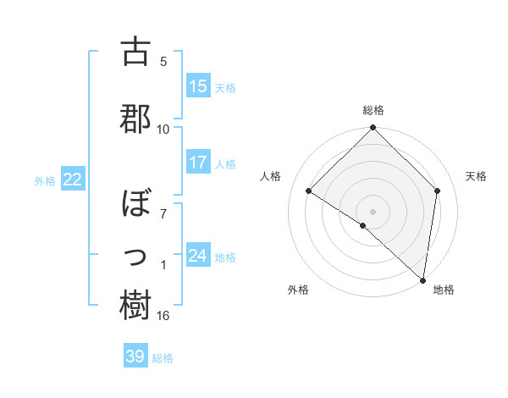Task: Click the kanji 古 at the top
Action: [135, 53]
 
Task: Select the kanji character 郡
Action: [135, 119]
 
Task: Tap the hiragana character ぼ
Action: [135, 206]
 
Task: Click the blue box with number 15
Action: [198, 86]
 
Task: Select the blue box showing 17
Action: [198, 163]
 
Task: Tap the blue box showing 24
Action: [198, 256]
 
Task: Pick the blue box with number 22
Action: [72, 180]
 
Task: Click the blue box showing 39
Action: [135, 357]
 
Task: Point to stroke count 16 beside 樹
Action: [163, 316]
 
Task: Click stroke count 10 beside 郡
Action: [163, 129]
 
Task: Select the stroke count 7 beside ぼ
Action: [164, 213]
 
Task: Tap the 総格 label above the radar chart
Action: [373, 110]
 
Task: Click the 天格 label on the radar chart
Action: [476, 176]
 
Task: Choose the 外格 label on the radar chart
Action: [298, 290]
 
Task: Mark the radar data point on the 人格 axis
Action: [309, 191]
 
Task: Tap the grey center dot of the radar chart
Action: [373, 211]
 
